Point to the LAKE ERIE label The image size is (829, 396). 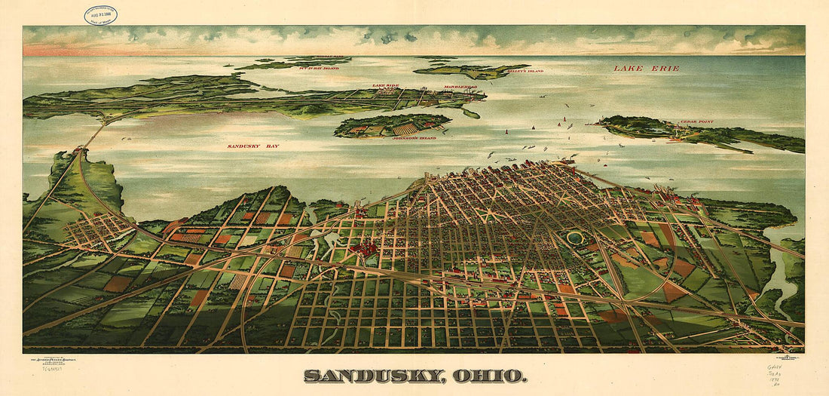point(646,68)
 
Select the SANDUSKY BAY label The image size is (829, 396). point(253,146)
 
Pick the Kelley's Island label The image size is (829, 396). point(525,71)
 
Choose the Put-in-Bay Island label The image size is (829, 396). point(320,68)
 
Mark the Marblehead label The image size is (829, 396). point(460,87)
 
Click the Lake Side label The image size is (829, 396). point(385,86)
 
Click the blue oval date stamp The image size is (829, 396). point(100,14)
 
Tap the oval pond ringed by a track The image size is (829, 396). point(575,238)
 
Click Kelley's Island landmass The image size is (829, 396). point(471,71)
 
